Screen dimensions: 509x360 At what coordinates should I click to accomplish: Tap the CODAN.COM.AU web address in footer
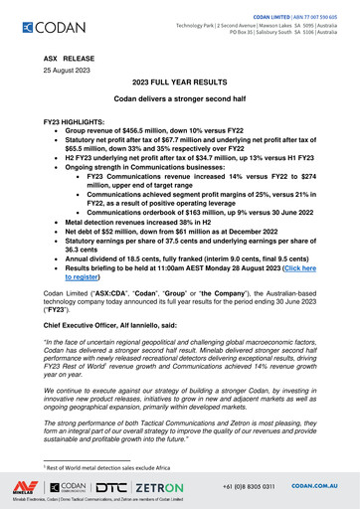tap(318, 486)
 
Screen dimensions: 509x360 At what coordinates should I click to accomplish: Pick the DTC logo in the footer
tap(116, 487)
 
